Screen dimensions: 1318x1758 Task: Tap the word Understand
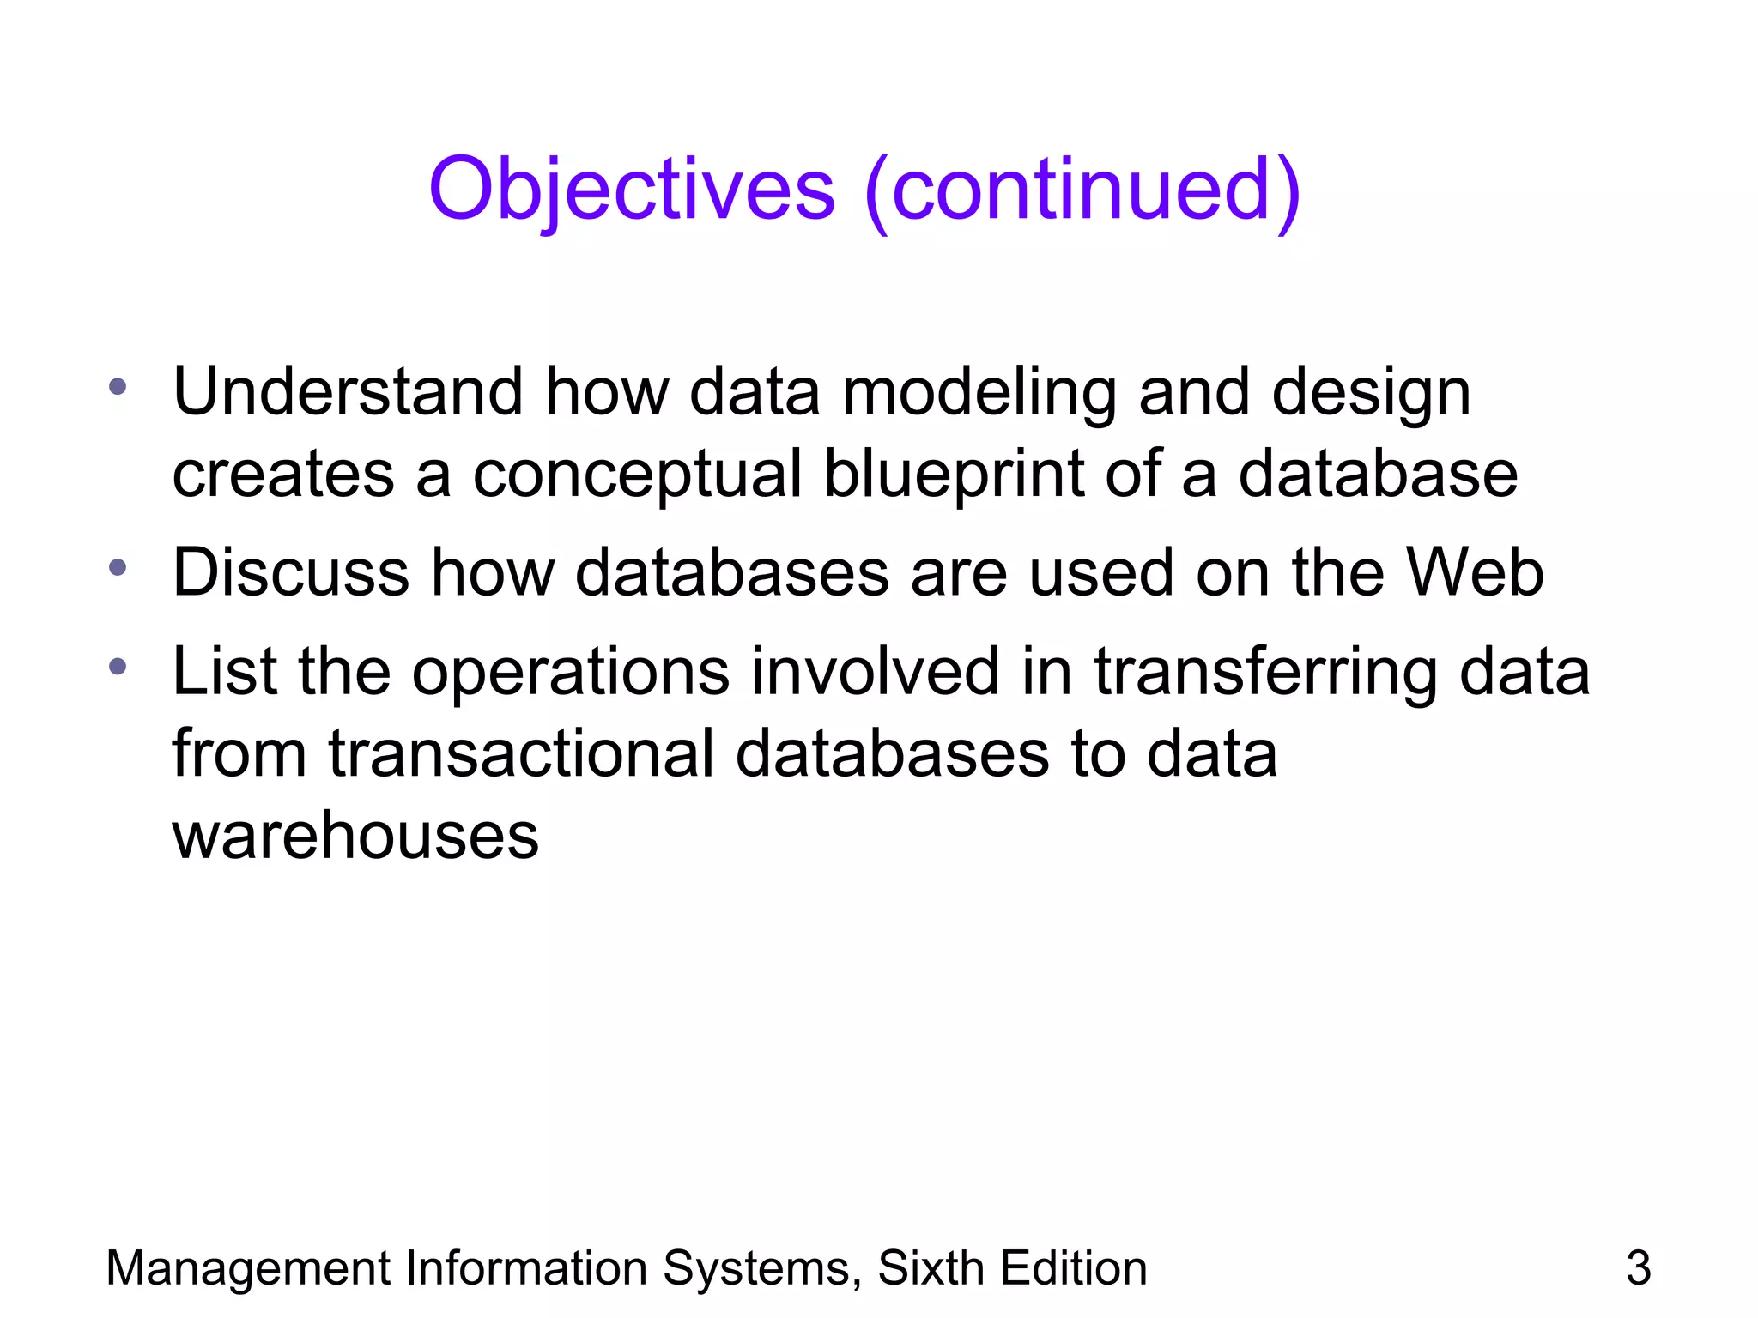348,392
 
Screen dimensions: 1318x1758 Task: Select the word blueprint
953,475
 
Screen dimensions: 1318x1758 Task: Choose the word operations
571,673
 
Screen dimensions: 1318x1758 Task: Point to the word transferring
1264,673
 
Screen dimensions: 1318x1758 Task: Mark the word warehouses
355,836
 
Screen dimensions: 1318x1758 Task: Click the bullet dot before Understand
118,386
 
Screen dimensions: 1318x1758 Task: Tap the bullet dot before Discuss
118,567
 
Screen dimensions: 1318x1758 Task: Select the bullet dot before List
118,666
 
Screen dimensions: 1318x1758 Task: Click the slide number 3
1638,1268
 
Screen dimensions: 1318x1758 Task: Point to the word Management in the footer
248,1268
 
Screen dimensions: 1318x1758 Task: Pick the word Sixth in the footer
931,1268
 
